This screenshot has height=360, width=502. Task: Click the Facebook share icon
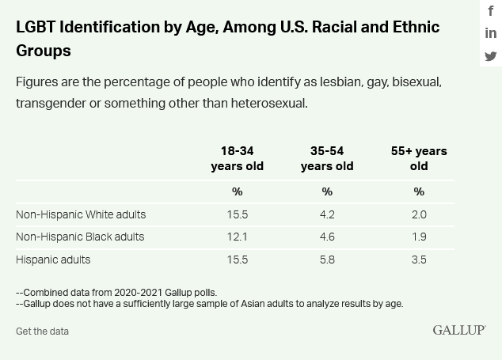[x=491, y=11]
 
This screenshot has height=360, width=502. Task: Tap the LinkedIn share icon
[x=491, y=33]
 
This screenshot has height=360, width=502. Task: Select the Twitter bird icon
[x=491, y=56]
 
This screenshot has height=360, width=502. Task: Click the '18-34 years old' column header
[x=238, y=158]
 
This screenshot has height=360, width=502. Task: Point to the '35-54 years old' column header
[x=327, y=158]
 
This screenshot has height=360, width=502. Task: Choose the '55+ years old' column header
[x=419, y=158]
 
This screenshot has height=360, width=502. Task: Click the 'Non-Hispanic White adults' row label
[x=81, y=214]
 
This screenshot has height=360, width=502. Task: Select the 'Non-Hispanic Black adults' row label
[x=80, y=237]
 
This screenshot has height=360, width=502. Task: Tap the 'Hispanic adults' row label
[x=53, y=260]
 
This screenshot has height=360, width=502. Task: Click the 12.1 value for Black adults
[x=238, y=237]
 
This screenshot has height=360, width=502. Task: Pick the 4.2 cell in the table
[x=327, y=214]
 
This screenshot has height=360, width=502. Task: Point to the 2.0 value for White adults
[x=419, y=214]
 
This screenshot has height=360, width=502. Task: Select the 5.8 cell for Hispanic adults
[x=327, y=260]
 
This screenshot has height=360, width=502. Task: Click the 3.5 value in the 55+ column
[x=419, y=260]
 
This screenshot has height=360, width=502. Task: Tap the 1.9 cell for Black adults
[x=419, y=237]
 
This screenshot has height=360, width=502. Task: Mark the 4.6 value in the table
[x=327, y=237]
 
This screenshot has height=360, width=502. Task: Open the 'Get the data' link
[x=42, y=332]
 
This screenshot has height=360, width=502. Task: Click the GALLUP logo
[x=459, y=330]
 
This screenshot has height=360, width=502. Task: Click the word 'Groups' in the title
[x=44, y=51]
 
